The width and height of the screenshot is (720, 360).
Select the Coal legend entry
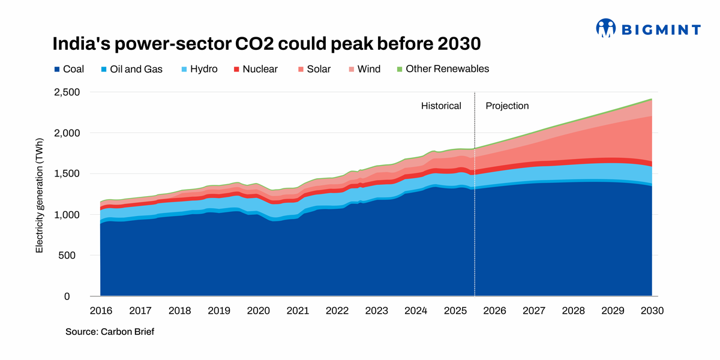[x=68, y=69]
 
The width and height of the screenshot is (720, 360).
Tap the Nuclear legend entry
[x=255, y=69]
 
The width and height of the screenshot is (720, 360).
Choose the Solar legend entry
[x=313, y=69]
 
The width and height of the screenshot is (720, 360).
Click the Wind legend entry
[x=364, y=69]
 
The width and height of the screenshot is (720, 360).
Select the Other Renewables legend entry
[x=442, y=68]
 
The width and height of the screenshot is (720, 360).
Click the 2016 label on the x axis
[x=100, y=311]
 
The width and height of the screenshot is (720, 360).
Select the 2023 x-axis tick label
[x=377, y=311]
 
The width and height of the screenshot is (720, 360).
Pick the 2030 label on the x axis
[x=653, y=311]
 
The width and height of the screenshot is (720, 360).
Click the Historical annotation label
[x=441, y=106]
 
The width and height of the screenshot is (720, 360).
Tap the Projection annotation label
[x=507, y=106]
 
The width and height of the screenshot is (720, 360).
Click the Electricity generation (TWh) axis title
[x=40, y=195]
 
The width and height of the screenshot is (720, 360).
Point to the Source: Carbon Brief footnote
[x=110, y=331]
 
